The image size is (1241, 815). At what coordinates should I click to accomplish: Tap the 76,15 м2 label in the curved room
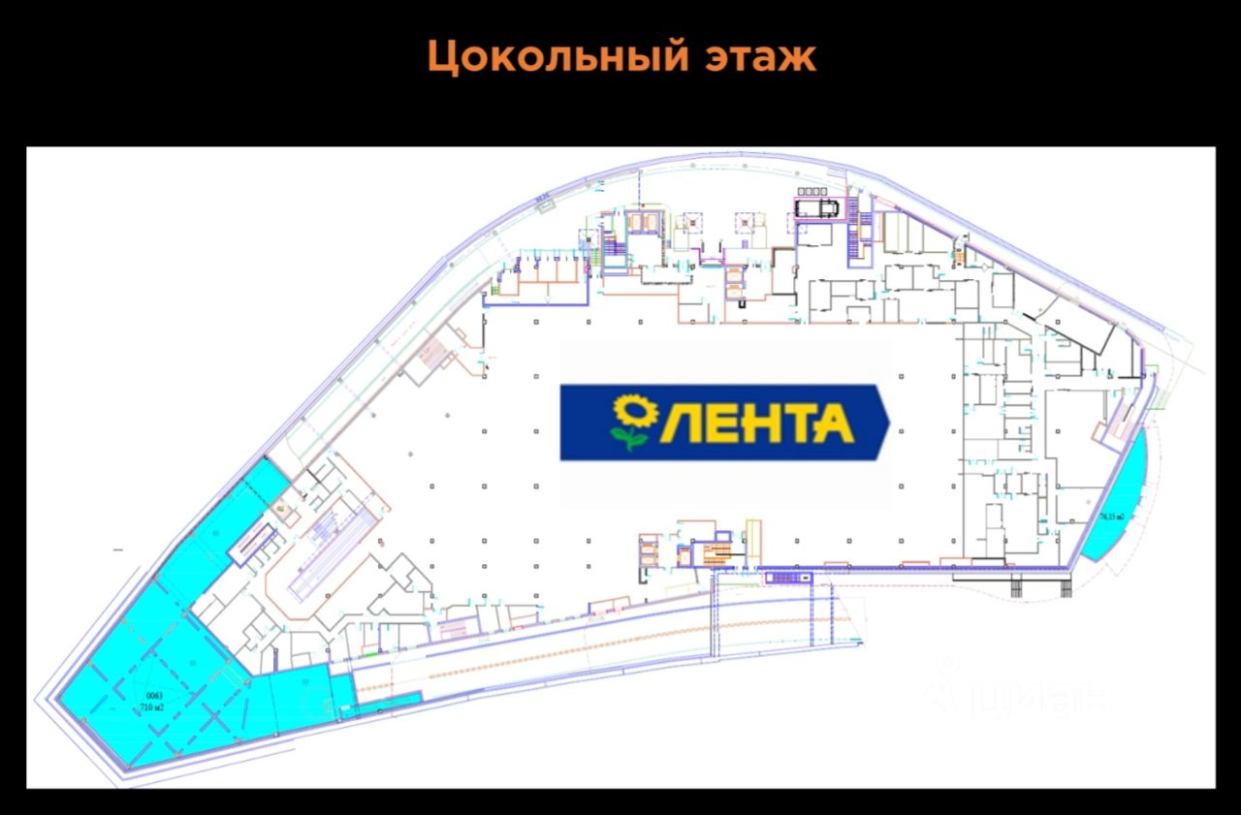[x=1111, y=517]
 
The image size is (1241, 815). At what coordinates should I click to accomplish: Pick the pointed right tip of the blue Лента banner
[x=886, y=423]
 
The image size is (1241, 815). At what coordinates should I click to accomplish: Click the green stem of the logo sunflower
[x=632, y=439]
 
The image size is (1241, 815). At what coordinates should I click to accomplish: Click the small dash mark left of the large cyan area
[x=118, y=549]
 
